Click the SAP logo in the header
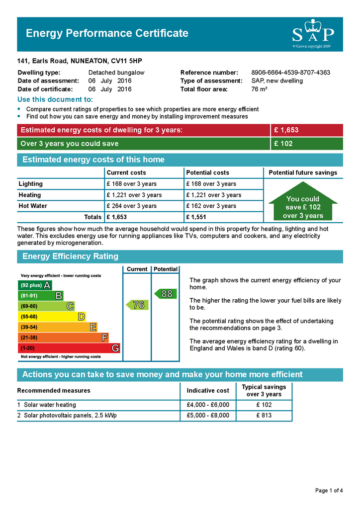pyautogui.click(x=312, y=34)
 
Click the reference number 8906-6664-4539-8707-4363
pyautogui.click(x=290, y=73)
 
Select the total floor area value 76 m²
pyautogui.click(x=260, y=89)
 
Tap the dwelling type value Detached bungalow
pyautogui.click(x=116, y=73)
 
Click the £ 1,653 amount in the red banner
pyautogui.click(x=286, y=130)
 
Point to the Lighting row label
pyautogui.click(x=31, y=184)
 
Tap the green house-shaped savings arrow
pyautogui.click(x=303, y=203)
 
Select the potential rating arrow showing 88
pyautogui.click(x=166, y=294)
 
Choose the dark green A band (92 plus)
pyautogui.click(x=35, y=285)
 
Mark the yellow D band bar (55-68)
pyautogui.click(x=52, y=317)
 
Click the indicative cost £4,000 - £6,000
pyautogui.click(x=208, y=405)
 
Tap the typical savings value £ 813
pyautogui.click(x=264, y=416)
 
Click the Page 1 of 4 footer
pyautogui.click(x=329, y=491)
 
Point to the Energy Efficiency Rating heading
pyautogui.click(x=70, y=256)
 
